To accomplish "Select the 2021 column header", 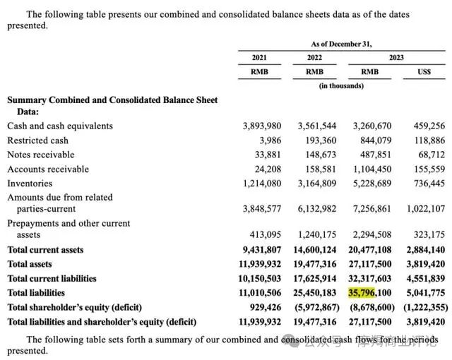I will click(x=260, y=57).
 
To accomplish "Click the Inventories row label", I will click(x=30, y=183).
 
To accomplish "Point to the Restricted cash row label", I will click(x=38, y=140).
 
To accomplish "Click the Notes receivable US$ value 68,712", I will click(x=429, y=154).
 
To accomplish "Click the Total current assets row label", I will click(x=45, y=250).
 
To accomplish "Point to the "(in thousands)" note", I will click(x=342, y=85).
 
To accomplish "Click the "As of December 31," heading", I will click(x=342, y=43).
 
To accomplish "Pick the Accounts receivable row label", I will click(x=48, y=169).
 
